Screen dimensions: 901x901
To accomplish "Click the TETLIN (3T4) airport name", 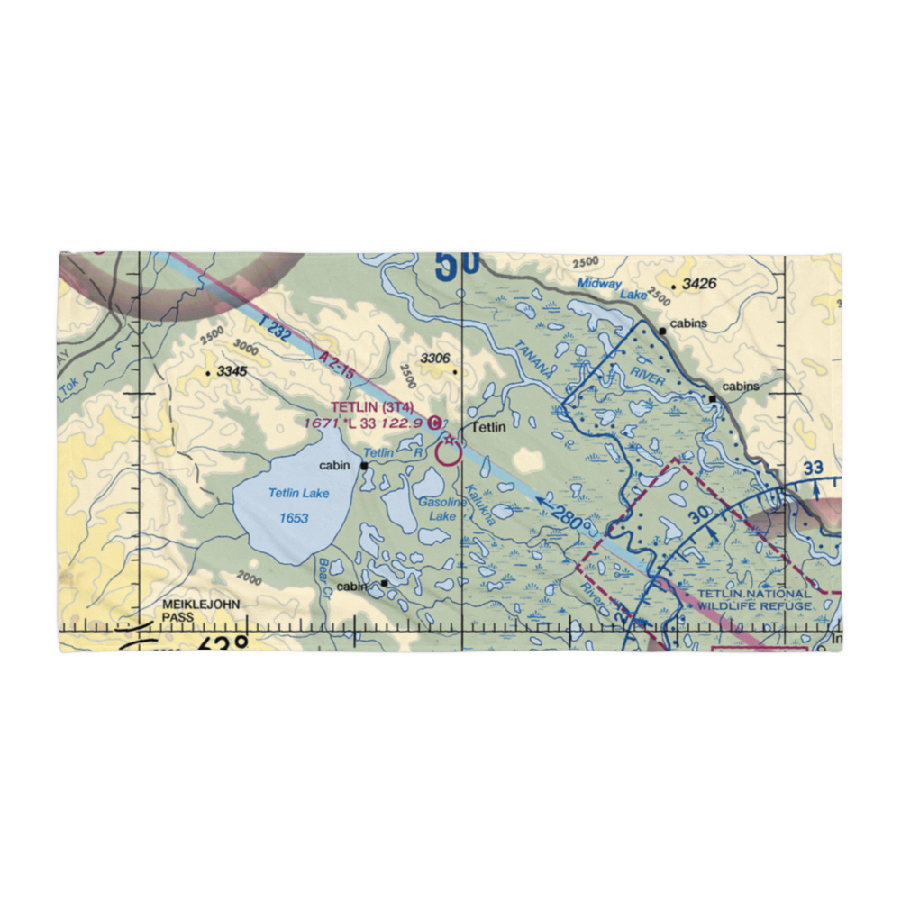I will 372,408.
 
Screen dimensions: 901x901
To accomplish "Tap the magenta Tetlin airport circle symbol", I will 448,451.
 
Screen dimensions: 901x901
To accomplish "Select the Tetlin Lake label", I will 299,493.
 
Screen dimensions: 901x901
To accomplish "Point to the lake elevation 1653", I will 294,517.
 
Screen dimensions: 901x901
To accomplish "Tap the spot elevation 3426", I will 698,284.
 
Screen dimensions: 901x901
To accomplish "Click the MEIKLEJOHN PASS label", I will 201,610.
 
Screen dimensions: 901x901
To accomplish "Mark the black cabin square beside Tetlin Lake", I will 364,466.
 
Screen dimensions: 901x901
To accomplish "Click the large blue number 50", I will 457,267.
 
